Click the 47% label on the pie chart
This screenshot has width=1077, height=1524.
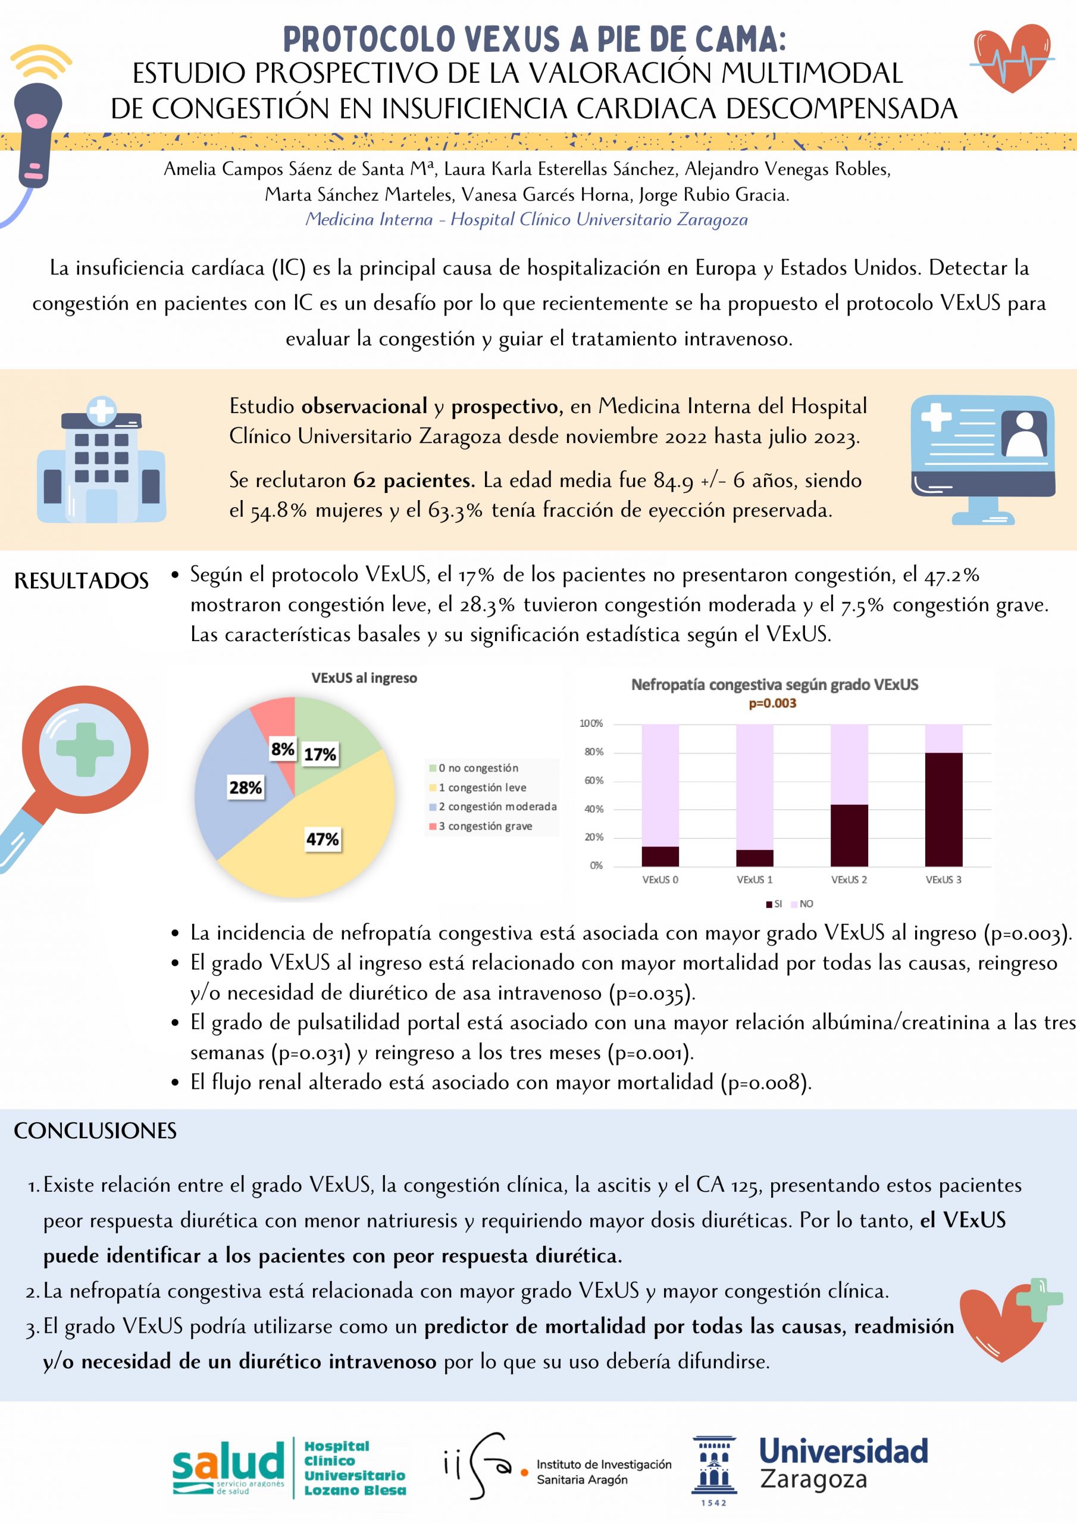point(323,839)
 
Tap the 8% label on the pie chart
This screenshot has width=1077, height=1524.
point(283,749)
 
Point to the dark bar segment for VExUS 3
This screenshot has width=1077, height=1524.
point(943,809)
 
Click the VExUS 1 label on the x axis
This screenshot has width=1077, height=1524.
point(754,879)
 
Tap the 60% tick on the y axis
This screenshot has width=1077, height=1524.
point(594,780)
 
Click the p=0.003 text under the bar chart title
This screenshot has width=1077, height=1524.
point(772,704)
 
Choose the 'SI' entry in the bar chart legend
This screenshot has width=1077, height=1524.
point(774,904)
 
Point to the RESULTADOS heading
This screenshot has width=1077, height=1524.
point(82,581)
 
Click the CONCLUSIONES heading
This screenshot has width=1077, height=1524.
point(96,1131)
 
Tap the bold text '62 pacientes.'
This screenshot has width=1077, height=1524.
point(414,480)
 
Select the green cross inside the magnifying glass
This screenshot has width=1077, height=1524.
point(85,749)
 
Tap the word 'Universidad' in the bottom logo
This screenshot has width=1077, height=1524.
point(843,1451)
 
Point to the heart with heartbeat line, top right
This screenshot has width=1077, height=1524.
point(1012,58)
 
